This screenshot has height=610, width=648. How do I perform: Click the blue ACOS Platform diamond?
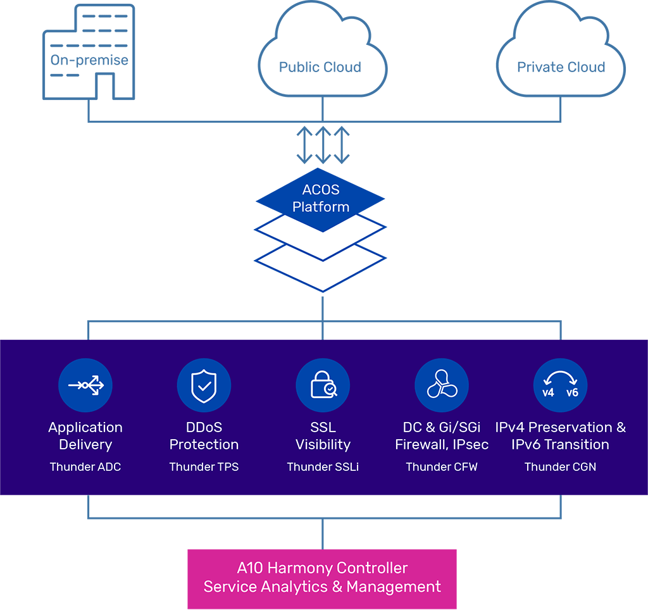(x=321, y=198)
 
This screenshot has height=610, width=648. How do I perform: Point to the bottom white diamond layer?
(x=321, y=269)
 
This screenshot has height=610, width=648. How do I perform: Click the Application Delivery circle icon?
(x=85, y=385)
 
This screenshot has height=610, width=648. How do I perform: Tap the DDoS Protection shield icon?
(x=204, y=385)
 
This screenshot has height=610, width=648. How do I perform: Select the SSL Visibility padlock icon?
(x=323, y=385)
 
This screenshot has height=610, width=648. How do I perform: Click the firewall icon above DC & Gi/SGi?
(x=442, y=385)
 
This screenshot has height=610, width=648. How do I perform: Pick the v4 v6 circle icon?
(x=561, y=385)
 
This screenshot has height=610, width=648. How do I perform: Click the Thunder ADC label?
(x=85, y=467)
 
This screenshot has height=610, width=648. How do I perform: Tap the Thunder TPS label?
(x=204, y=467)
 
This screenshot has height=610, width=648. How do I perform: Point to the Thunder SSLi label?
(x=323, y=467)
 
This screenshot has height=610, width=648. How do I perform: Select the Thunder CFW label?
(x=442, y=467)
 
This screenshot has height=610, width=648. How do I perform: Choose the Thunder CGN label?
(x=561, y=467)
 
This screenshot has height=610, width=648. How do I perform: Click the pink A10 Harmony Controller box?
(x=322, y=578)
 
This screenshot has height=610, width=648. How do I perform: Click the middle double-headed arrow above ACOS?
(x=323, y=145)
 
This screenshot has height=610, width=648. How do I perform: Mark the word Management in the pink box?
(x=394, y=587)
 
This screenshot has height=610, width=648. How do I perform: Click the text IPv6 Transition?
(x=561, y=445)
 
